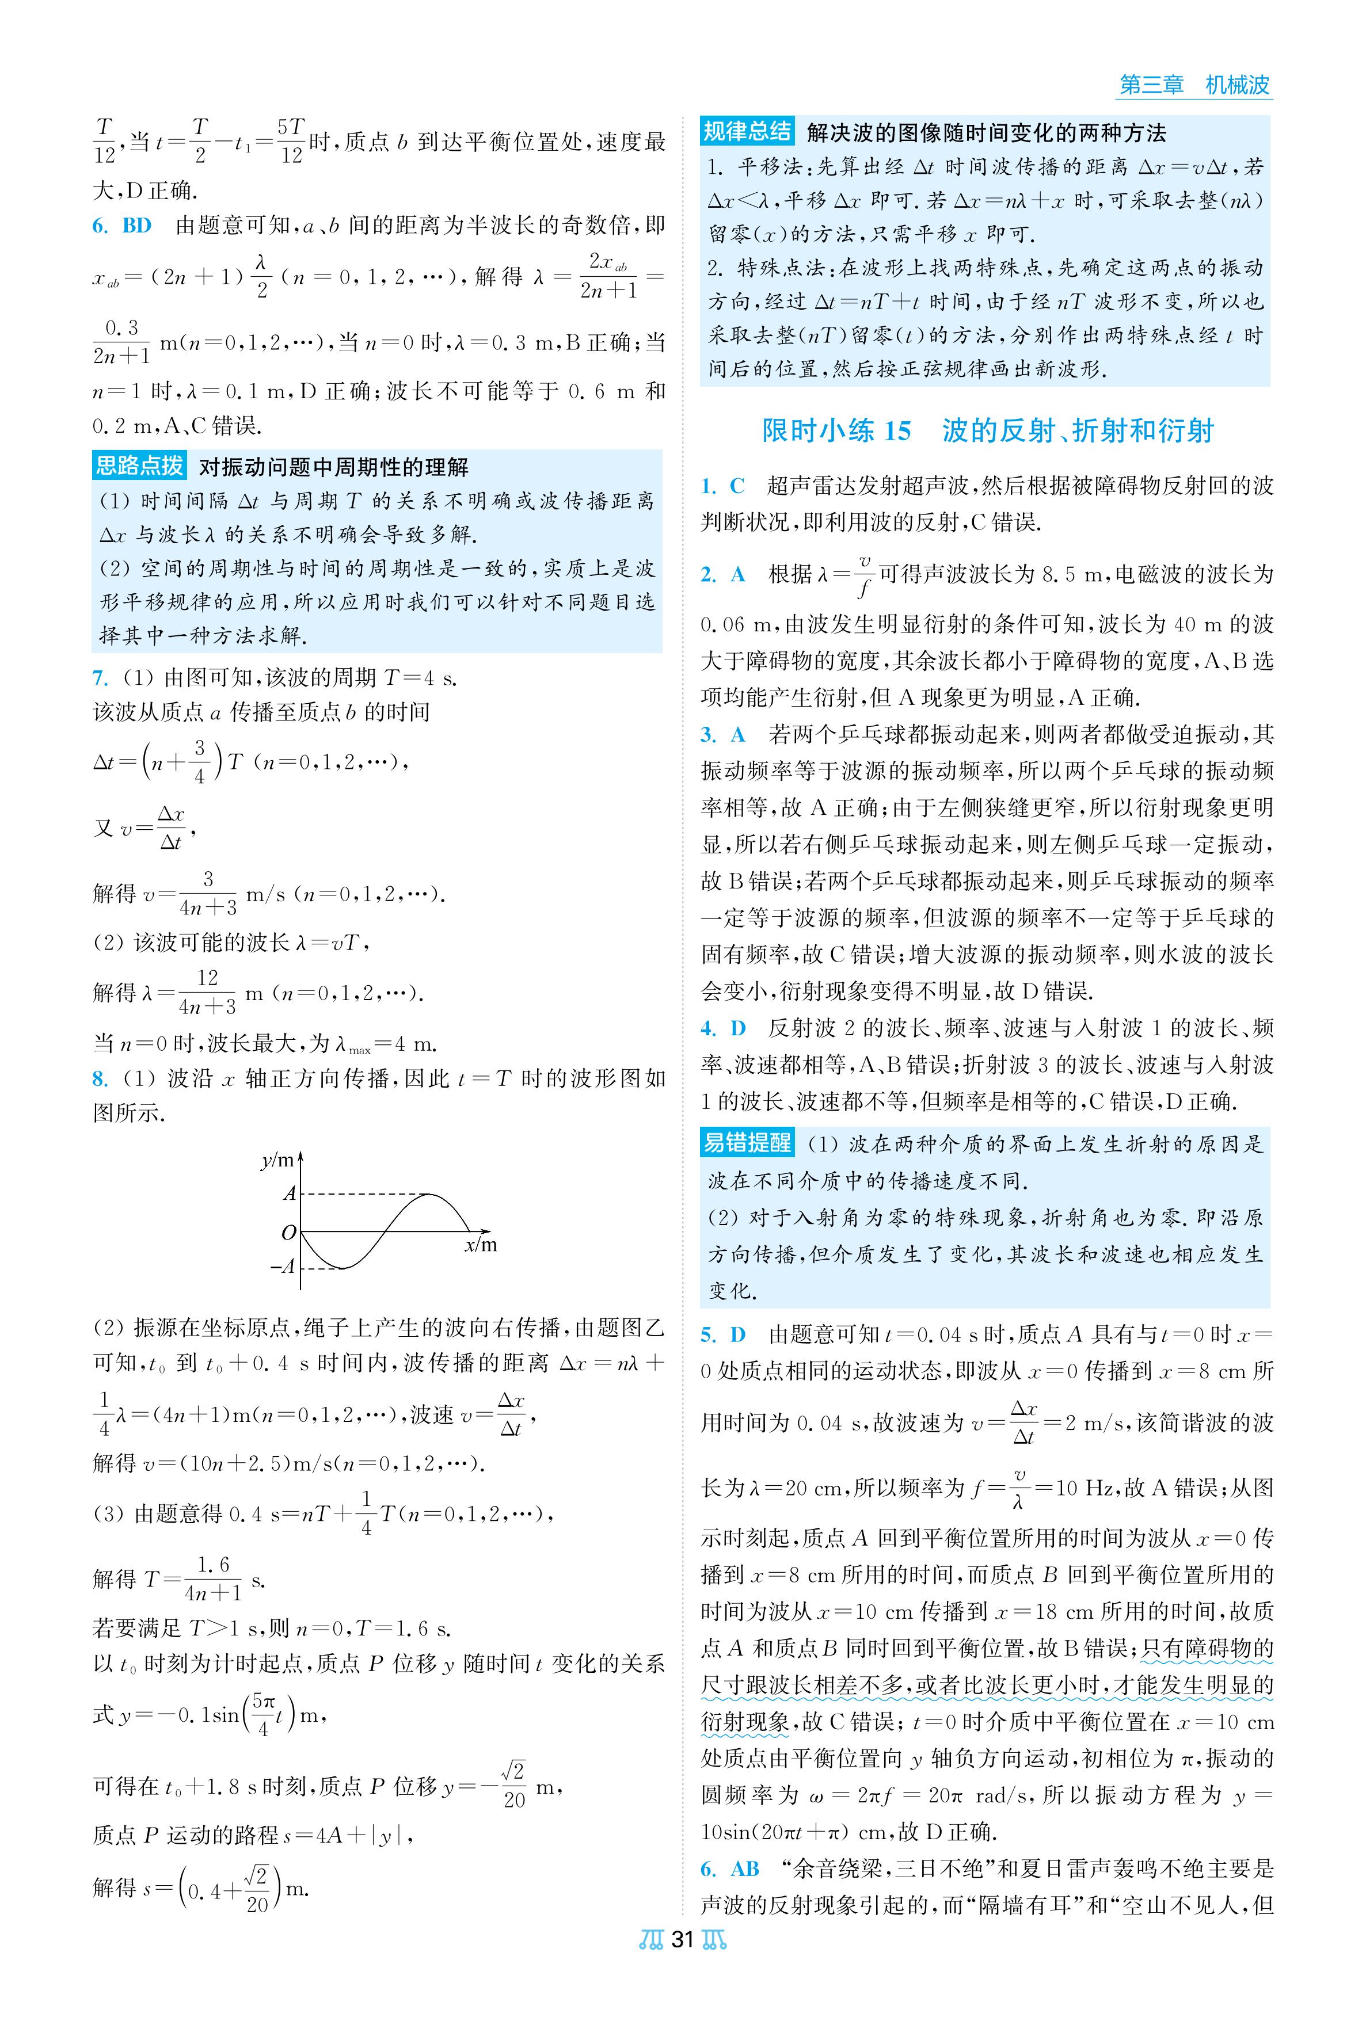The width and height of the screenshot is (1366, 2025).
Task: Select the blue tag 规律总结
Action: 747,132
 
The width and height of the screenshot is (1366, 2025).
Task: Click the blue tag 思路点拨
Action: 139,466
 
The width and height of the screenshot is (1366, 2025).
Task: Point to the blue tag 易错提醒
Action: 747,1142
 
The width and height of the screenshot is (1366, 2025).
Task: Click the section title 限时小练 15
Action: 836,430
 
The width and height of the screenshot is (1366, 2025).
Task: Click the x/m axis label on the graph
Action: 480,1245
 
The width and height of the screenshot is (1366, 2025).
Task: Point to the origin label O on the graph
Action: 288,1233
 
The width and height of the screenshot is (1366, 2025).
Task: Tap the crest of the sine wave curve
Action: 427,1194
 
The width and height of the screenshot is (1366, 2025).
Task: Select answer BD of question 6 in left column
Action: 137,226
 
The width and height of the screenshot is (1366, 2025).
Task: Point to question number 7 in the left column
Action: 100,678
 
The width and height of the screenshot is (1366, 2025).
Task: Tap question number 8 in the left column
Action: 100,1078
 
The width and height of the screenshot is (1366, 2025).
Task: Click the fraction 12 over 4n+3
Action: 207,992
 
